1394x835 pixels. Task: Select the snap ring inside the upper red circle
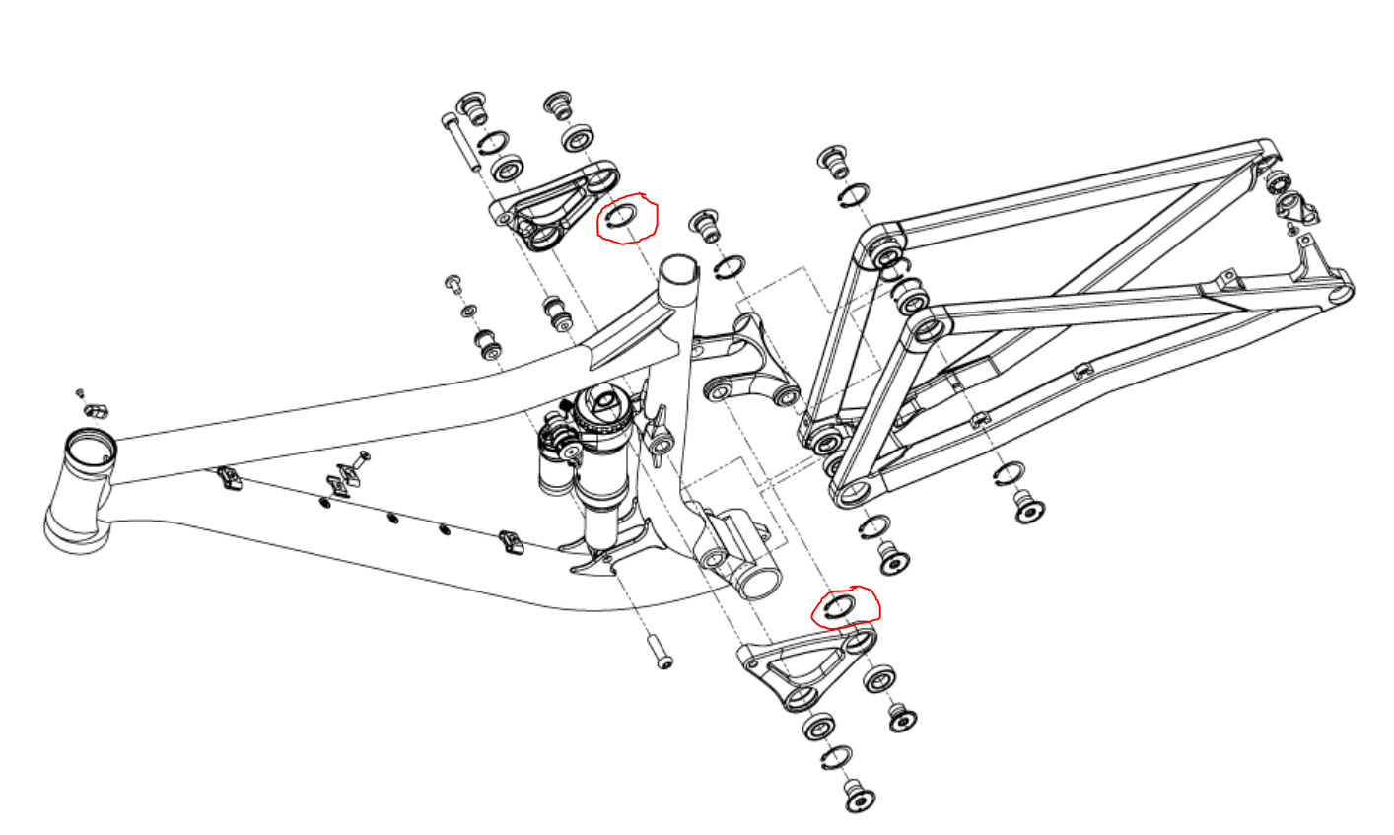624,215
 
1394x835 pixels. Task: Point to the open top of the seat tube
678,267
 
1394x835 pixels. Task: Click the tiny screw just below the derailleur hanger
1292,231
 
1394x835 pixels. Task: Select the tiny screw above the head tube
81,392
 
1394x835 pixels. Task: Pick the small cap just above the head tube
96,408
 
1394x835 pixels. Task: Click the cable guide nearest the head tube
230,479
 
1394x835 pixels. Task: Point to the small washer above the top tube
467,312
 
